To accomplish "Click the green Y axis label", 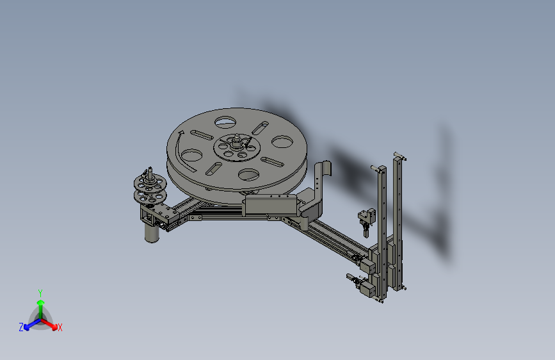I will tap(40, 292).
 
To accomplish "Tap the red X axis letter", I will tap(60, 328).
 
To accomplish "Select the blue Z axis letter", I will tap(21, 327).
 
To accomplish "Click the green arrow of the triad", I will tap(40, 305).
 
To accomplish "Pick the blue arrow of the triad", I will tap(29, 323).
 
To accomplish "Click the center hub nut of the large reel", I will tap(237, 145).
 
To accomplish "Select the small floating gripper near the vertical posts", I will tap(366, 220).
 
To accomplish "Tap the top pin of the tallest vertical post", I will tap(398, 155).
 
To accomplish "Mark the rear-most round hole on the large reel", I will tap(225, 120).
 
